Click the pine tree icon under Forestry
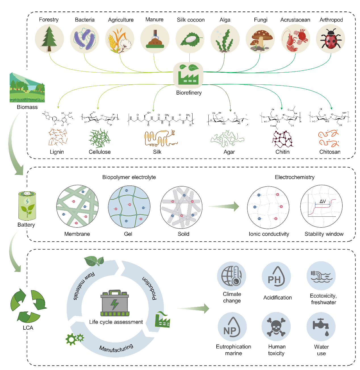click(x=49, y=39)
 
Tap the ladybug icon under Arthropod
click(x=330, y=39)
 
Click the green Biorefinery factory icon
click(x=188, y=74)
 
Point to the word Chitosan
click(x=330, y=152)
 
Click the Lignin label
click(x=57, y=152)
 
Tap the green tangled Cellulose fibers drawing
click(x=99, y=138)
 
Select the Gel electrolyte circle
click(x=129, y=207)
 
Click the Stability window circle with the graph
click(x=321, y=206)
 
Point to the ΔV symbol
click(x=323, y=201)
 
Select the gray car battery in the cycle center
click(x=115, y=303)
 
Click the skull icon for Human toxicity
click(x=276, y=327)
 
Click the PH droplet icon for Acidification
click(x=276, y=276)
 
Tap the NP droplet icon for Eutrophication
click(x=232, y=327)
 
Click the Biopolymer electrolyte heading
click(x=129, y=177)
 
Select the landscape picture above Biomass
click(x=27, y=87)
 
